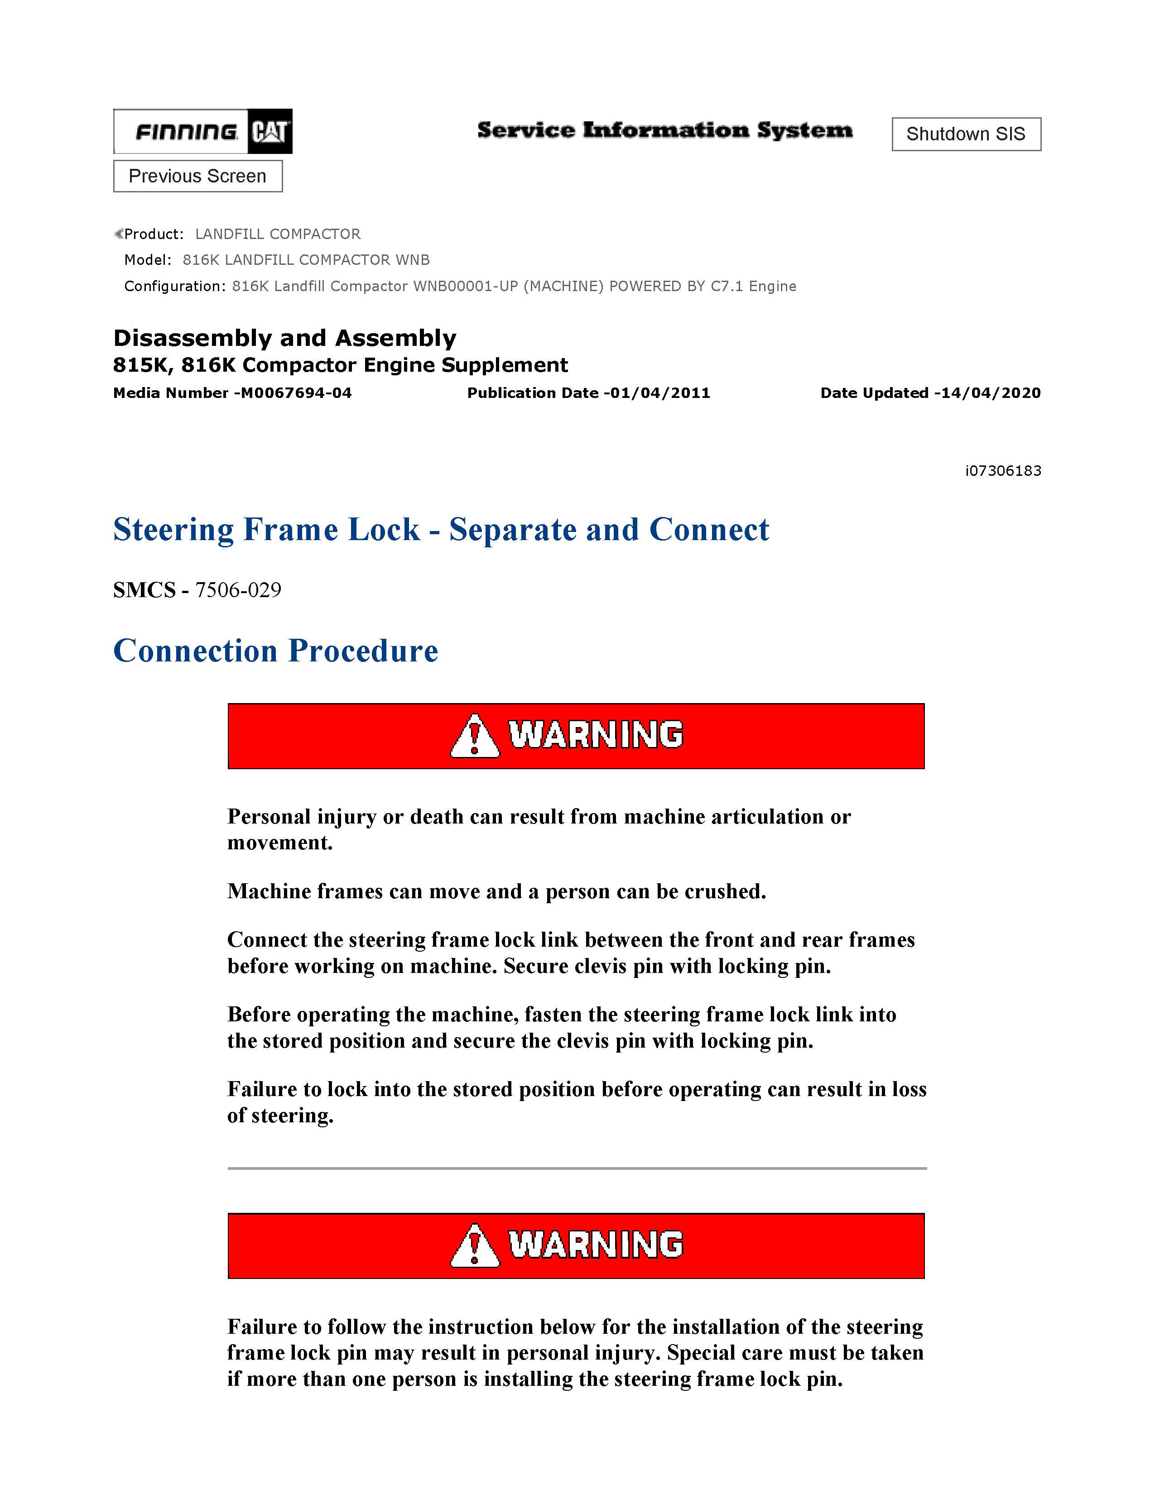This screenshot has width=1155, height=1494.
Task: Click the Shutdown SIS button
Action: click(x=966, y=134)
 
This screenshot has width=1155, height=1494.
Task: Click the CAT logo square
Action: click(x=269, y=131)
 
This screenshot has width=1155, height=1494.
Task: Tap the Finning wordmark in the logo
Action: click(x=186, y=131)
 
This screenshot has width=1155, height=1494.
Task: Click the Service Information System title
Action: click(x=664, y=130)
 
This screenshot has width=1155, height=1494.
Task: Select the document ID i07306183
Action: click(x=1003, y=471)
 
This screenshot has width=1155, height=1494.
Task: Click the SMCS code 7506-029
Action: click(x=238, y=589)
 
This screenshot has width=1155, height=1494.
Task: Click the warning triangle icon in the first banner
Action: click(x=474, y=736)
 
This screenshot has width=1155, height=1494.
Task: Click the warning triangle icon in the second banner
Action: click(x=474, y=1246)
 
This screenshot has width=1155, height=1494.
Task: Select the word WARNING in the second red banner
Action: click(x=595, y=1244)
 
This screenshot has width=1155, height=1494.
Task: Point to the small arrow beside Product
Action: click(x=118, y=234)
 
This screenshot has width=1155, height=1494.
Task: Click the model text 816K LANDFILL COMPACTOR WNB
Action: click(x=306, y=260)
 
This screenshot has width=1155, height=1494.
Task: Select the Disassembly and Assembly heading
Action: click(x=284, y=338)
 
